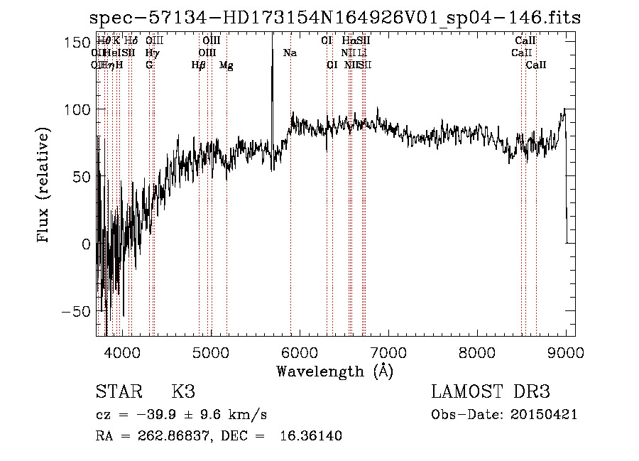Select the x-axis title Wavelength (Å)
(335, 371)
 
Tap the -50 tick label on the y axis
(76, 311)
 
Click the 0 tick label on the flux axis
(86, 244)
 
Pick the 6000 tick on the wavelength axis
(300, 352)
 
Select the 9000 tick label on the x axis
(566, 352)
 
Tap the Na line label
(290, 53)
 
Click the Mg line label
(226, 65)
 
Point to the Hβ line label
(198, 65)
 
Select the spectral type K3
(183, 392)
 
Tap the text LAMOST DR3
(491, 392)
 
